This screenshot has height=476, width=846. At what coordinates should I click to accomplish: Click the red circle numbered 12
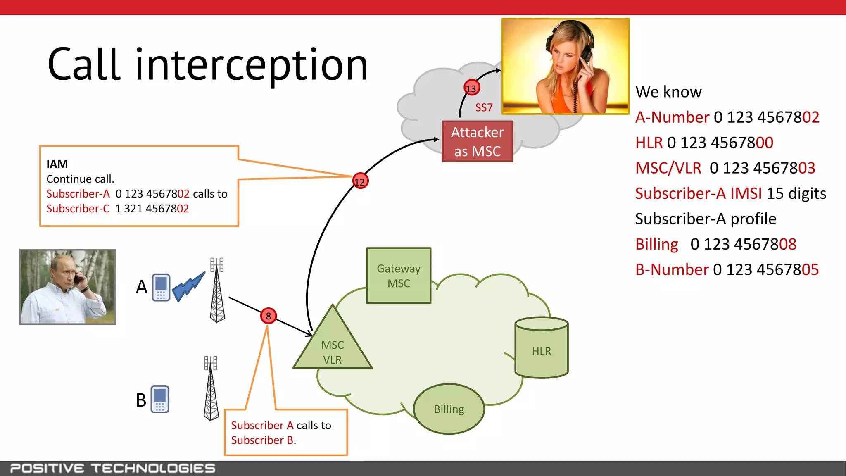pyautogui.click(x=360, y=181)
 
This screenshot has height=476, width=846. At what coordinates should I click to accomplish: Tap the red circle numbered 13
pyautogui.click(x=471, y=88)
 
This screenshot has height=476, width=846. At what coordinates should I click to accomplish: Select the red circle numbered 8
pyautogui.click(x=268, y=316)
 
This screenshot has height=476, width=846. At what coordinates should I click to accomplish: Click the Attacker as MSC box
pyautogui.click(x=477, y=141)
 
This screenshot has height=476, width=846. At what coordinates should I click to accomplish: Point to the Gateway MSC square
pyautogui.click(x=399, y=276)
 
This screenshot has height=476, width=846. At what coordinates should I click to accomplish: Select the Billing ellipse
pyautogui.click(x=449, y=409)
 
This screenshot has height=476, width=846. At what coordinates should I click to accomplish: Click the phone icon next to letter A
pyautogui.click(x=161, y=287)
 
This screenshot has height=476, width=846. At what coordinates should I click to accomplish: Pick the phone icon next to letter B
pyautogui.click(x=160, y=399)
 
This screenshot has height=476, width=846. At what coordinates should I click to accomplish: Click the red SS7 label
pyautogui.click(x=484, y=108)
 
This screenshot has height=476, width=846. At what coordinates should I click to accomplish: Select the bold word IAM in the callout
pyautogui.click(x=57, y=164)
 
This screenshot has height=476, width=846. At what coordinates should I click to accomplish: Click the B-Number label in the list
pyautogui.click(x=672, y=270)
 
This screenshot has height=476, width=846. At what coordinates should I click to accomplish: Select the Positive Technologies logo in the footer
pyautogui.click(x=112, y=468)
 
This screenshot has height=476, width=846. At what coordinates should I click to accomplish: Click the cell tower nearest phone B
pyautogui.click(x=211, y=388)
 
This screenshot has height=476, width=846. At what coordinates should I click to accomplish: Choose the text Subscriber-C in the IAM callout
pyautogui.click(x=78, y=209)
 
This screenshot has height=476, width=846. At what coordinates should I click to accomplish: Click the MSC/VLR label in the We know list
pyautogui.click(x=668, y=168)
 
